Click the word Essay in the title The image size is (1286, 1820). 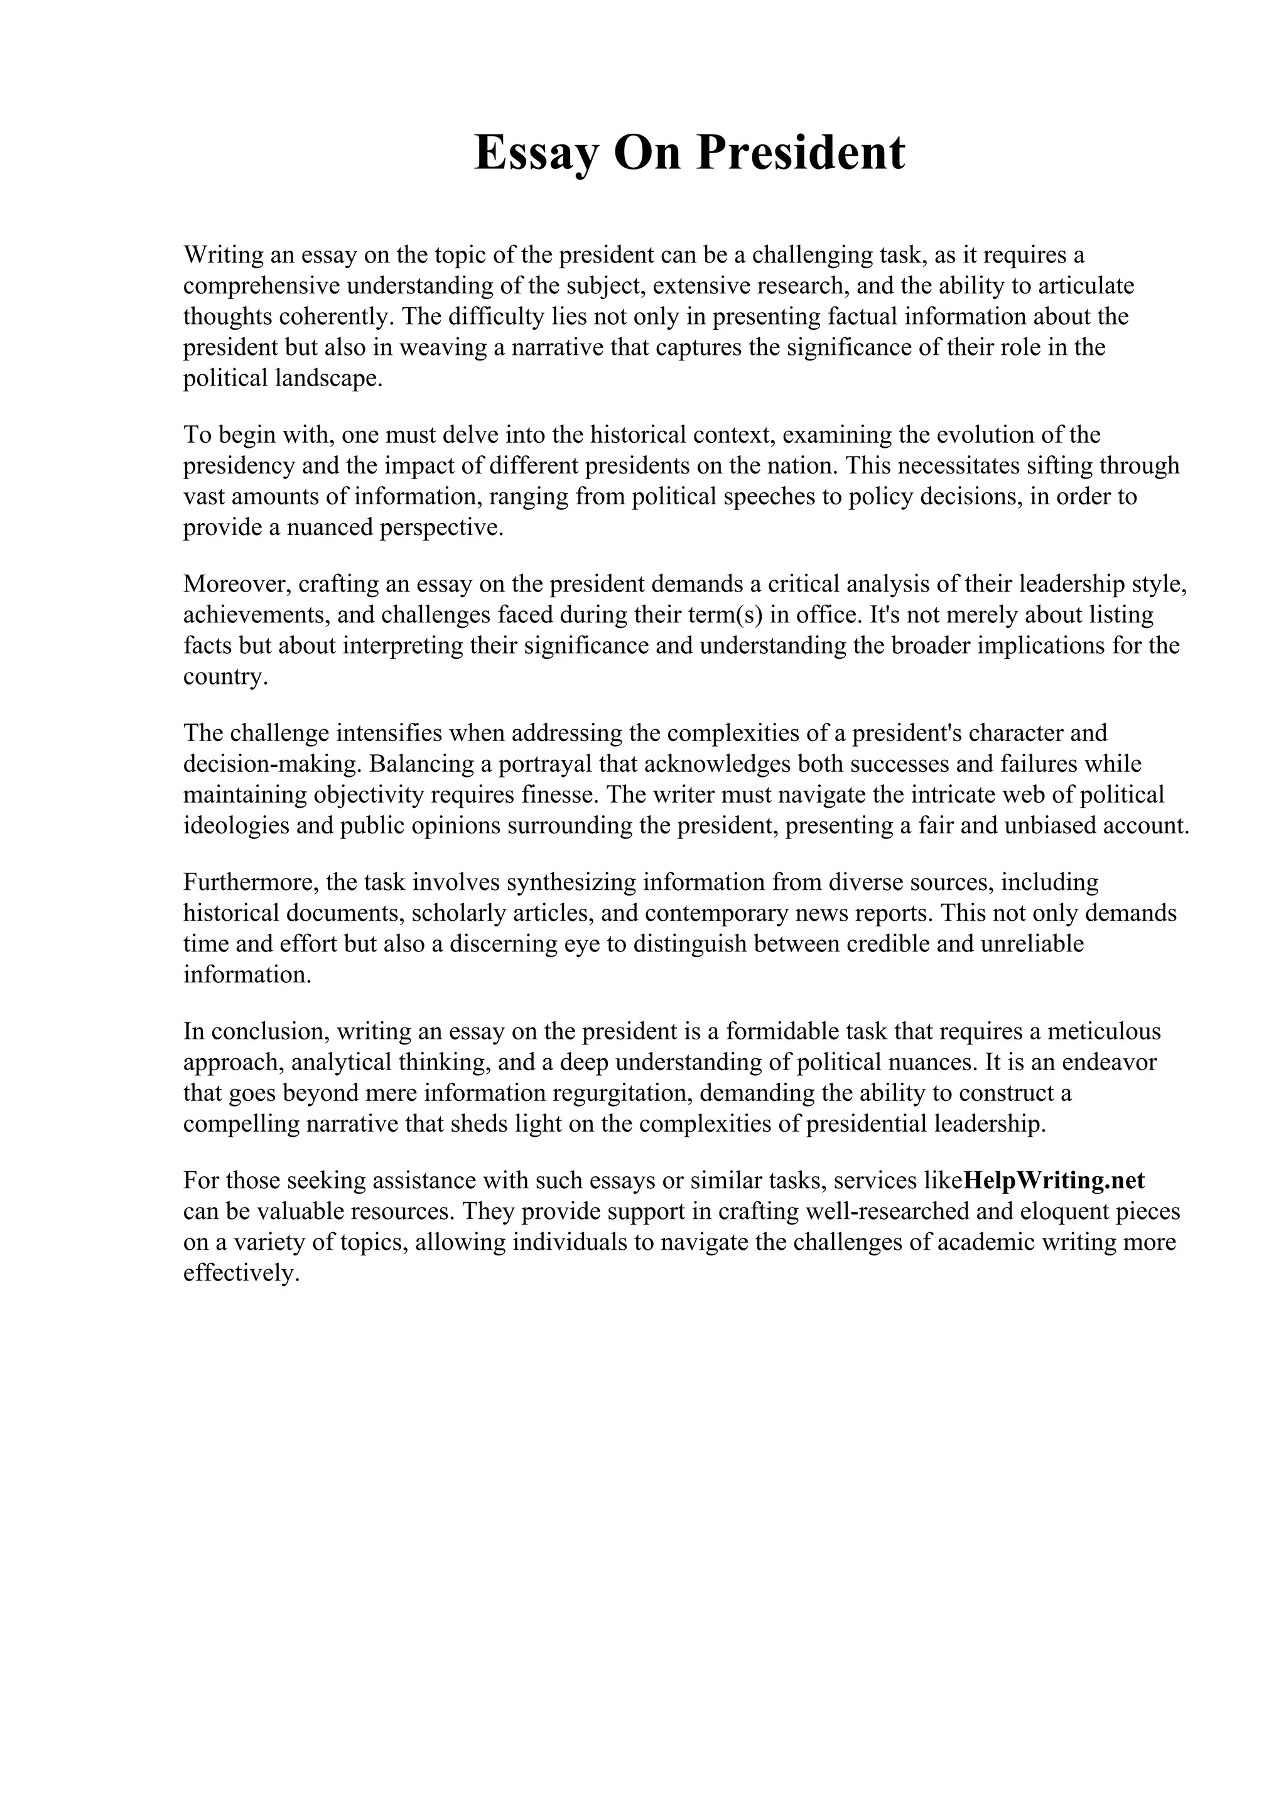click(536, 153)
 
